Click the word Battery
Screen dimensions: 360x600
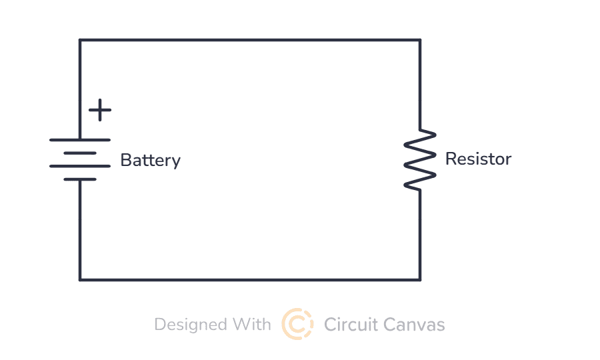point(150,161)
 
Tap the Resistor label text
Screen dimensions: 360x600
point(478,159)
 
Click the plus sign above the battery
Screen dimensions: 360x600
point(100,110)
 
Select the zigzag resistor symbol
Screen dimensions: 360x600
point(421,160)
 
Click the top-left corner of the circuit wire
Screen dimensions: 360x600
point(80,40)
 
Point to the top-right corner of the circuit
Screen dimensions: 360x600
point(420,40)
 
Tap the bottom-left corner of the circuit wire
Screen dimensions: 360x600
point(80,279)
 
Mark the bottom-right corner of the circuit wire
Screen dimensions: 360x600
point(420,279)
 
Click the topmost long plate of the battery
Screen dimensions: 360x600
point(80,140)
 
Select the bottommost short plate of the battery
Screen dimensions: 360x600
point(80,179)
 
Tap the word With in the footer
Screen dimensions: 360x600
point(252,325)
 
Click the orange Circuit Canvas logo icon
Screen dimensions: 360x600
point(297,324)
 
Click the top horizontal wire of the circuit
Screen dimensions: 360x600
point(250,40)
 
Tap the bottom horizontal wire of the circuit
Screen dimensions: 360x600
point(250,279)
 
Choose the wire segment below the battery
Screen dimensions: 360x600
point(80,230)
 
